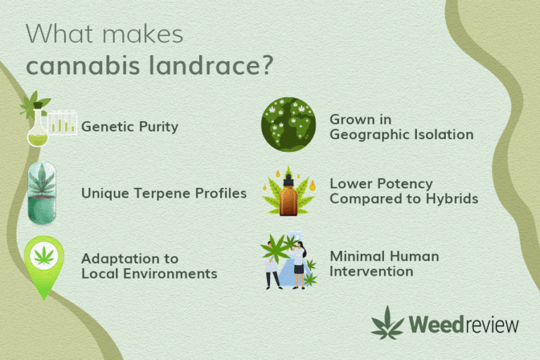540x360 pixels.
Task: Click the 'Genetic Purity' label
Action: pyautogui.click(x=129, y=127)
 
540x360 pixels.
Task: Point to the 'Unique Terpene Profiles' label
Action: pyautogui.click(x=164, y=193)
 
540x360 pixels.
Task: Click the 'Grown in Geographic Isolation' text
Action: pyautogui.click(x=401, y=127)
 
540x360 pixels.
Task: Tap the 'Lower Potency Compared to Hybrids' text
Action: pyautogui.click(x=404, y=191)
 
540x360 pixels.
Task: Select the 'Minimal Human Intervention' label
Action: pyautogui.click(x=384, y=264)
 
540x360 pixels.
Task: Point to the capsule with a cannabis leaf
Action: pyautogui.click(x=44, y=193)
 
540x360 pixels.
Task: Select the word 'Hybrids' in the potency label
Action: pyautogui.click(x=452, y=199)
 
